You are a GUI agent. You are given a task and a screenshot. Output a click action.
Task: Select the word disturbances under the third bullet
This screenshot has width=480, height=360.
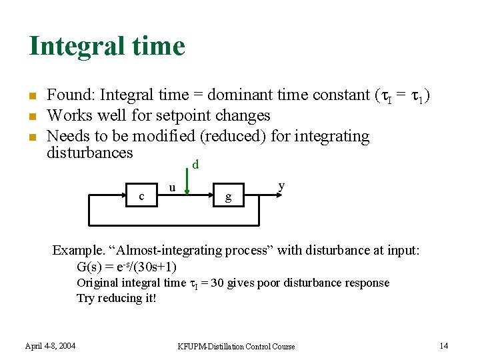tap(90, 153)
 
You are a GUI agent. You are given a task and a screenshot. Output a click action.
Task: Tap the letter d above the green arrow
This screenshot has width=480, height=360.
tap(195, 164)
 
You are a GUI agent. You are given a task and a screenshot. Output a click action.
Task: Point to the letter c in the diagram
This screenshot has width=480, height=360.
tap(141, 197)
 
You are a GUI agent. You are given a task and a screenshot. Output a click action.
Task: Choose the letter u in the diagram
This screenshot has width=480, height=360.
tap(172, 189)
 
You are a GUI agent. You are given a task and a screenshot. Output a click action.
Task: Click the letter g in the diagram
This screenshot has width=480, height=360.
tap(229, 197)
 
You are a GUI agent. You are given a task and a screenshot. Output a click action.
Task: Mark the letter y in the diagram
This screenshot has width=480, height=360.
tap(282, 186)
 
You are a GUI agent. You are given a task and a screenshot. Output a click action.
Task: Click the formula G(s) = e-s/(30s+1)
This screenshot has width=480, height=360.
tap(127, 267)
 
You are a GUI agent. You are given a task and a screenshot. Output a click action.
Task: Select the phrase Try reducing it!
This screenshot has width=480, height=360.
tap(117, 298)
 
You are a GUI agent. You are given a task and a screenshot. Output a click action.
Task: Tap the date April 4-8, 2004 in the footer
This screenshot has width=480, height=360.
tap(51, 345)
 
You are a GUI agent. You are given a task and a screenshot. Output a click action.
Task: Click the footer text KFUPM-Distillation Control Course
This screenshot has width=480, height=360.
tap(236, 346)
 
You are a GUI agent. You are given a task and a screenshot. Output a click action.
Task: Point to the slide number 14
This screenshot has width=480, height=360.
tap(444, 345)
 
